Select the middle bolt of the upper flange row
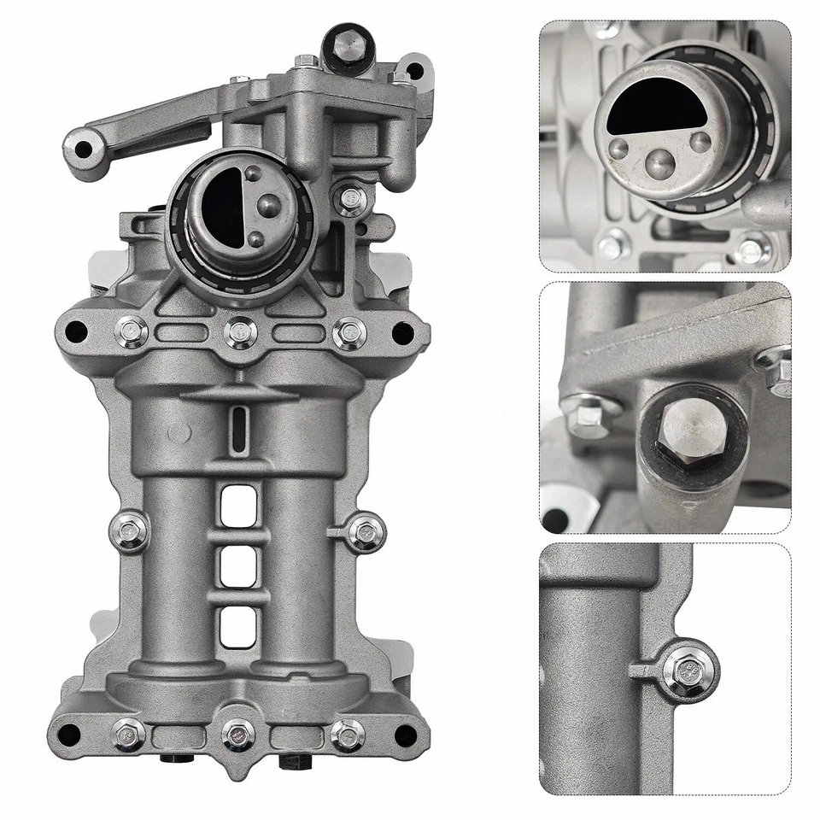click(240, 332)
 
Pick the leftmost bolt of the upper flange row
click(131, 331)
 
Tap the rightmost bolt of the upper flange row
click(348, 332)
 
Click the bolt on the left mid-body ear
click(129, 531)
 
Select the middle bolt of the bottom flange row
click(238, 734)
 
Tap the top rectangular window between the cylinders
click(238, 506)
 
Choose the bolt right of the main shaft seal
click(350, 200)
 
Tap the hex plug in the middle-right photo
click(694, 427)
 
